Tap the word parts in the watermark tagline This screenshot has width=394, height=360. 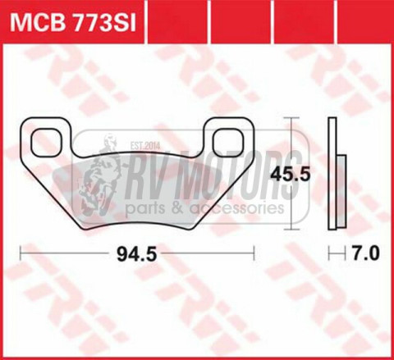pos(153,208)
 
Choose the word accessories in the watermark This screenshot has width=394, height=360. pos(237,208)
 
